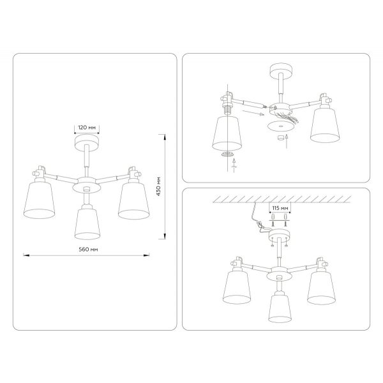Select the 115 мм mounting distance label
(280, 209)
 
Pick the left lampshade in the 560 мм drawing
(42, 200)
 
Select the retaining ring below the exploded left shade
(227, 154)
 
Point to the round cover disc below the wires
(279, 127)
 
